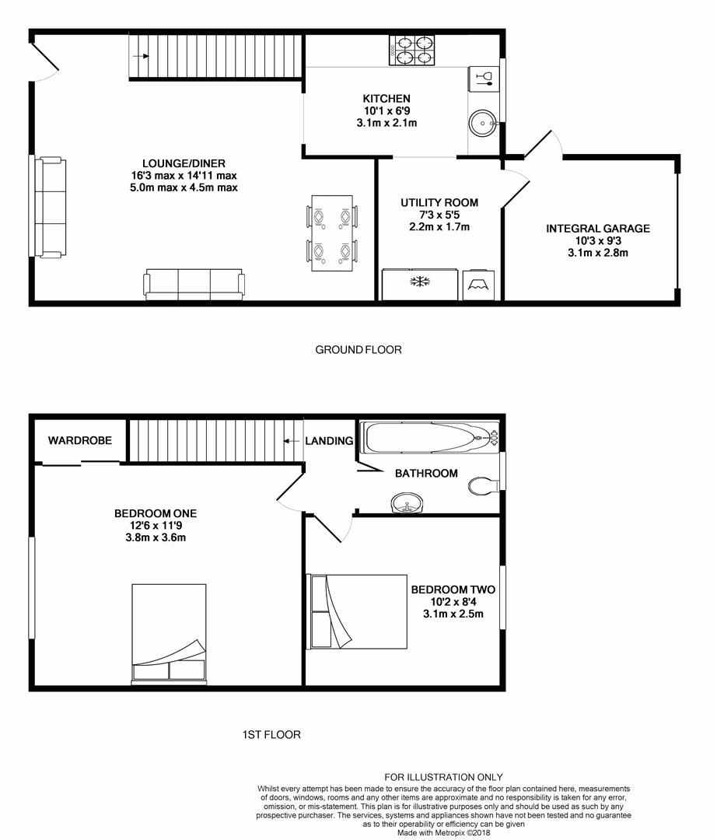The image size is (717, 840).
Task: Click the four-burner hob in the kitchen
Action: (x=411, y=49)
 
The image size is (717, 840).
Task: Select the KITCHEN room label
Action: (x=386, y=99)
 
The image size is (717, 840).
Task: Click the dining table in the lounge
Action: (x=332, y=233)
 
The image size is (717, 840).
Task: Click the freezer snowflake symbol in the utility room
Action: (x=421, y=281)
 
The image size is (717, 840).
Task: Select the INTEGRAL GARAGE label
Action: (x=597, y=229)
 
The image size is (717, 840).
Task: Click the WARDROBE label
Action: (x=80, y=440)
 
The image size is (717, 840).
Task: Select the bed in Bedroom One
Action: (x=169, y=634)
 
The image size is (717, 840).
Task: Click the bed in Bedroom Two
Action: (x=358, y=611)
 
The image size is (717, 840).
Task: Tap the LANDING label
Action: (x=329, y=441)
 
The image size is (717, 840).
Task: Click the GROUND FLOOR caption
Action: (x=358, y=350)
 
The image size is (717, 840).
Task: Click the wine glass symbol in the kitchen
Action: (x=484, y=76)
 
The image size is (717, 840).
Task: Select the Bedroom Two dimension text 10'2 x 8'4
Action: (x=453, y=602)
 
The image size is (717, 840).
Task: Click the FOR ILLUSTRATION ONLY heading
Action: (x=444, y=777)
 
